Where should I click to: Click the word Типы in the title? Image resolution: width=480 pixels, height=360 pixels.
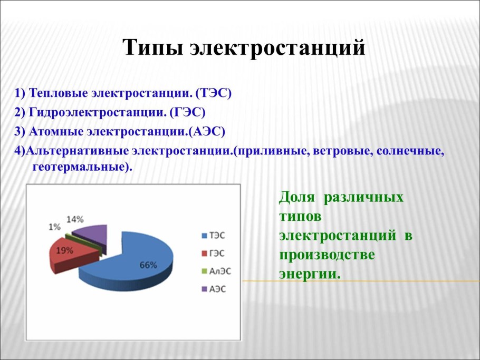point(153,48)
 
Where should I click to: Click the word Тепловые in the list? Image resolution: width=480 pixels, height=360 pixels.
point(59,93)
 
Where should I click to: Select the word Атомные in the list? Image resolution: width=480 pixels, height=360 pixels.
point(54,131)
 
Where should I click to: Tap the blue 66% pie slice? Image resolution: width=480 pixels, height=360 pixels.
point(142,264)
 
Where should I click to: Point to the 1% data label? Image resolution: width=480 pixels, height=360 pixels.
point(54,227)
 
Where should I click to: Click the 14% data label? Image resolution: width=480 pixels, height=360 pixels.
point(75,219)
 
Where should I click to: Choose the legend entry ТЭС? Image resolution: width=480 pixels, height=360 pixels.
point(217,235)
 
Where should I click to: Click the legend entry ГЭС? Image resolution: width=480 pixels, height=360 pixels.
point(217,253)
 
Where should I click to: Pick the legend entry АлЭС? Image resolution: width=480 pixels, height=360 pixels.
point(220,271)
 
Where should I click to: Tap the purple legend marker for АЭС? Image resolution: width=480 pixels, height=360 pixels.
point(204,289)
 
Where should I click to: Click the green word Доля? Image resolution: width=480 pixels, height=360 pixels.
point(297,198)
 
